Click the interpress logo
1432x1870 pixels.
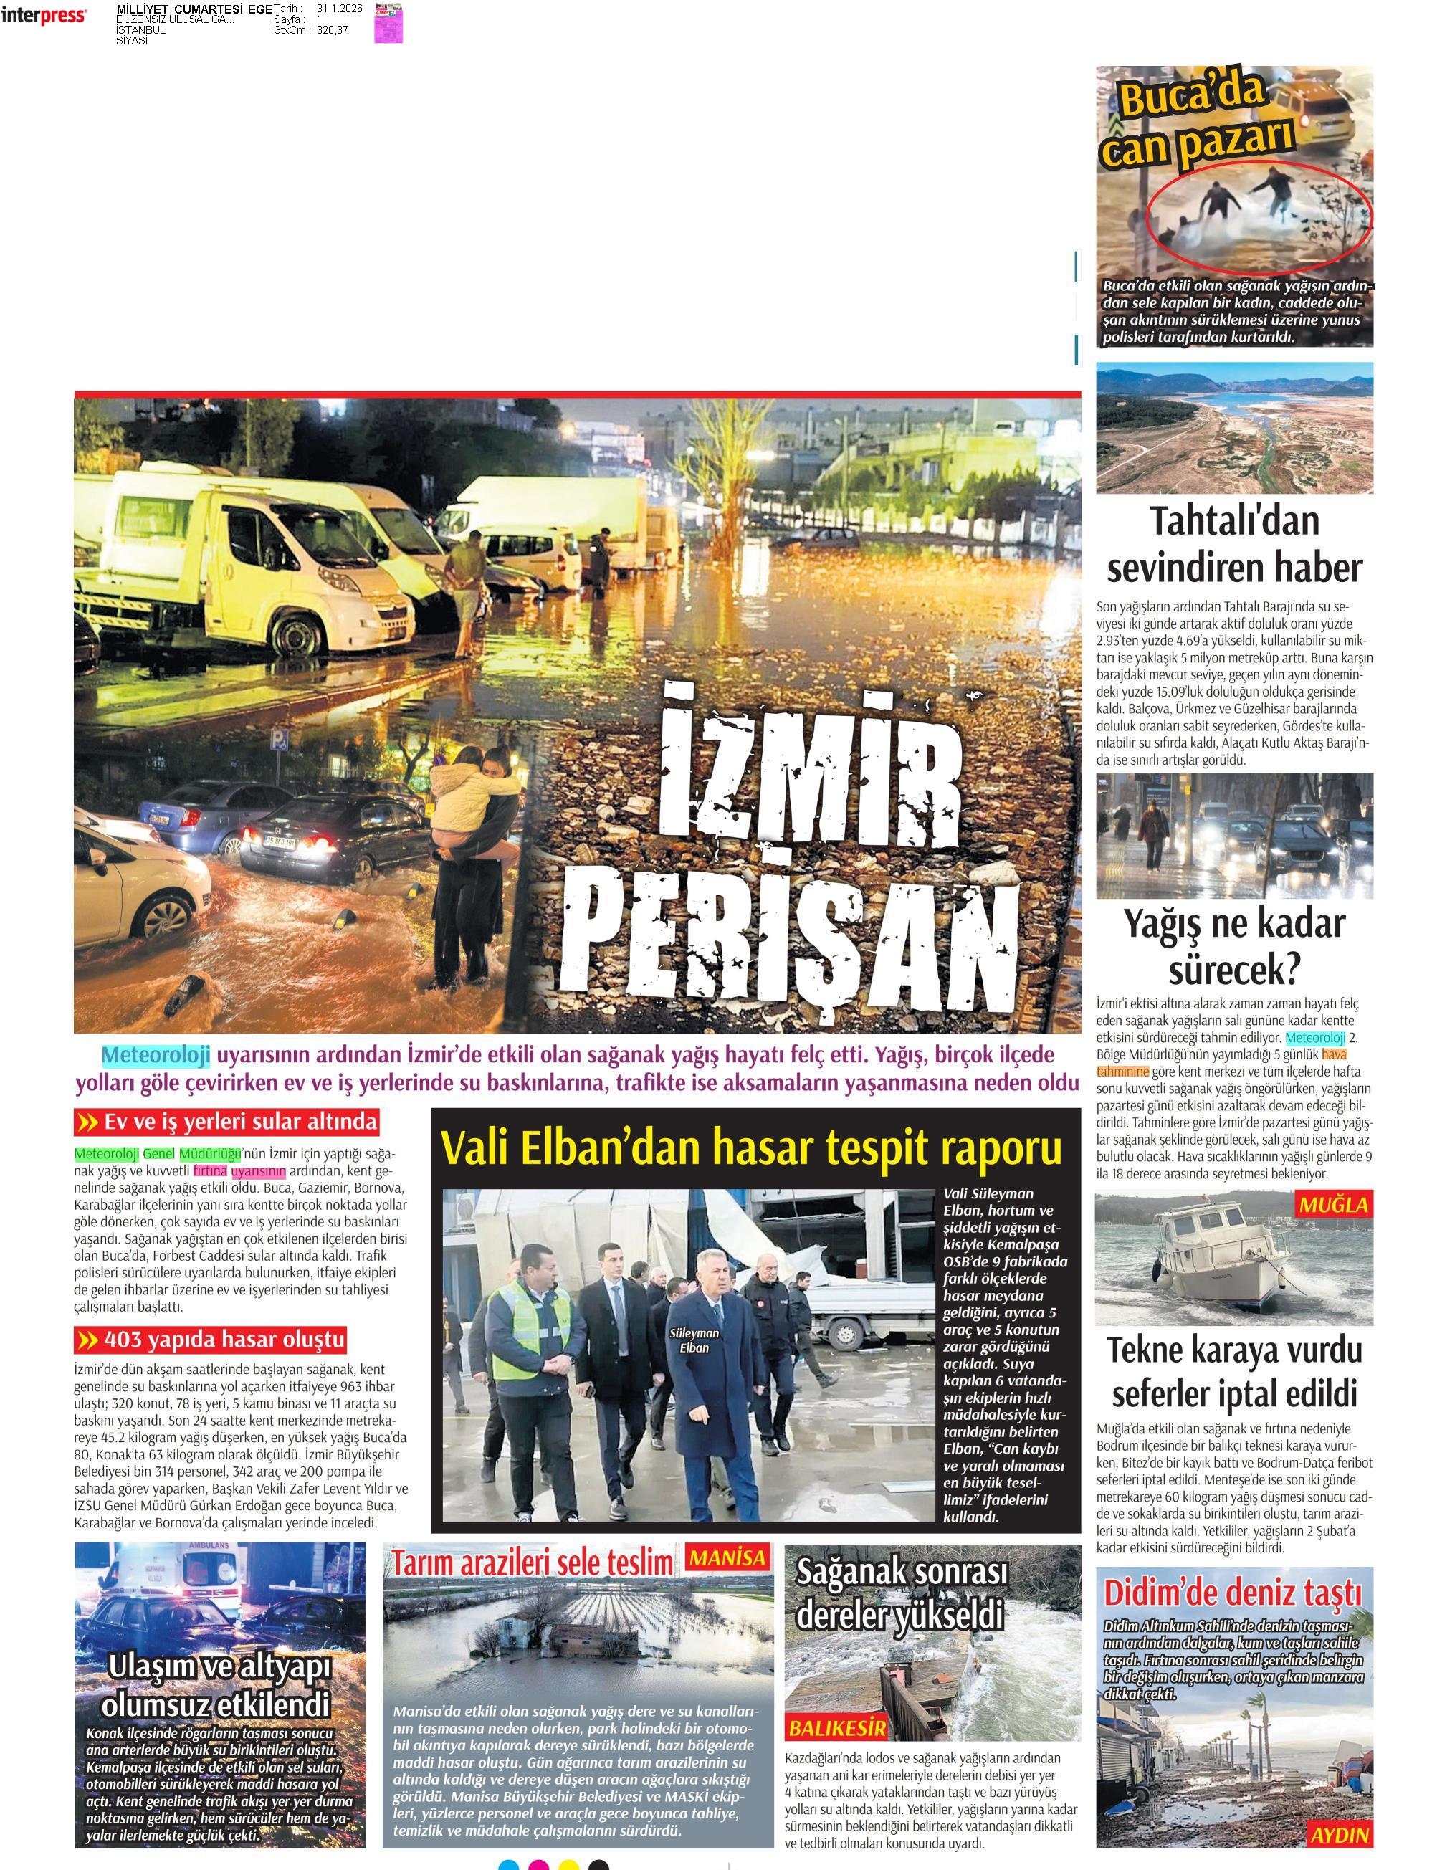(x=42, y=15)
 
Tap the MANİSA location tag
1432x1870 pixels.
(x=727, y=1558)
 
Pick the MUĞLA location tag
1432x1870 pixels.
(x=1333, y=1205)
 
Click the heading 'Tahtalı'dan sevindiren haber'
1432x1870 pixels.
(x=1233, y=544)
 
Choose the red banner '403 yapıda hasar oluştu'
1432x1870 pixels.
(x=211, y=1340)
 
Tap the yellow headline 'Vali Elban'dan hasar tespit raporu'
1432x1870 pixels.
(x=751, y=1148)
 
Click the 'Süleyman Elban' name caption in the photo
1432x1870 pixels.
(x=694, y=1340)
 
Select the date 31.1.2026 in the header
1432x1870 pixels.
(x=338, y=9)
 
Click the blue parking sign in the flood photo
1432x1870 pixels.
(x=279, y=738)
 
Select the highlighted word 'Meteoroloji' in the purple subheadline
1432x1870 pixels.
(x=156, y=1055)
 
